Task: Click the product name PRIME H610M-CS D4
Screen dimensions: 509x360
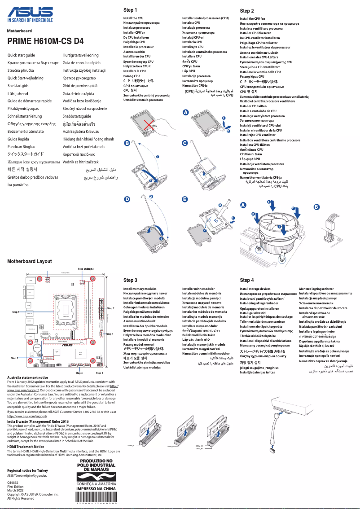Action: (45, 41)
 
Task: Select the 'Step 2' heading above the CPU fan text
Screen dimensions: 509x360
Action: (247, 11)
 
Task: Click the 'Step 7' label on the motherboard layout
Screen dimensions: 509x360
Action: (110, 308)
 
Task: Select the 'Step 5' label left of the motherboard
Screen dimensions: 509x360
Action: (14, 358)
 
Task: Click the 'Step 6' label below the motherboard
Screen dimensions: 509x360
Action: (100, 373)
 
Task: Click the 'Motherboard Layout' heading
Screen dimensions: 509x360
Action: (30, 261)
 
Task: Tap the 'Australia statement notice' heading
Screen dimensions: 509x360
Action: (28, 378)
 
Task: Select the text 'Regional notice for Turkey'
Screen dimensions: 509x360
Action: (28, 470)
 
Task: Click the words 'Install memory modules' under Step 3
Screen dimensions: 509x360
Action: (140, 289)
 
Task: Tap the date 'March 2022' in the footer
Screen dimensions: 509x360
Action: (17, 490)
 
